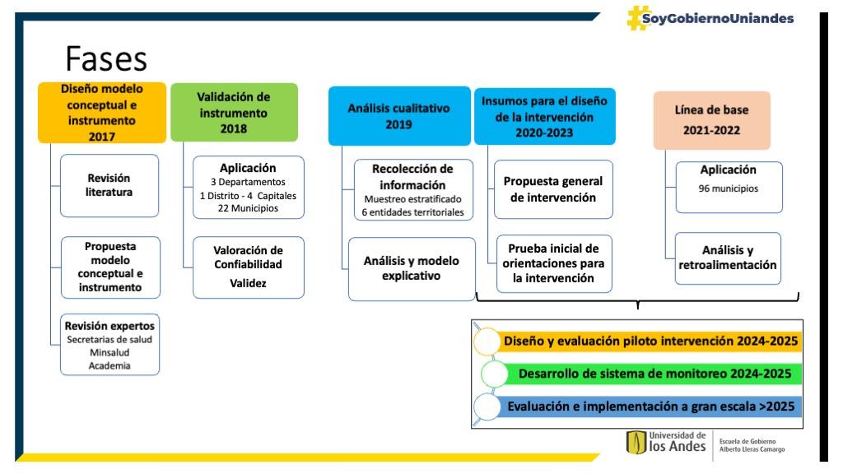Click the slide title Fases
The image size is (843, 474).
pyautogui.click(x=106, y=58)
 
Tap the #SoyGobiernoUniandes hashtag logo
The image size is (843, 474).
pyautogui.click(x=710, y=18)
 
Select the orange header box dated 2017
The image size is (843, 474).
pyautogui.click(x=101, y=112)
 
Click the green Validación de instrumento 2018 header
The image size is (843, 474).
pyautogui.click(x=234, y=112)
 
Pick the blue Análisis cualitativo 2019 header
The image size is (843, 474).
pyautogui.click(x=399, y=116)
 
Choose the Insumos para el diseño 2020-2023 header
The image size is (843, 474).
pyautogui.click(x=544, y=117)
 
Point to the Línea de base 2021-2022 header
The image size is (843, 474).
pyautogui.click(x=712, y=120)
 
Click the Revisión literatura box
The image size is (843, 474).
pyautogui.click(x=109, y=185)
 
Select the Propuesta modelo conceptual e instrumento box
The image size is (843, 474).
pyautogui.click(x=110, y=267)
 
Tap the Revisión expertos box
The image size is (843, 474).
pyautogui.click(x=109, y=345)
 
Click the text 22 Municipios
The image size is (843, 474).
pyautogui.click(x=248, y=208)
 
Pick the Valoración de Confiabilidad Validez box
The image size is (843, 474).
pyautogui.click(x=248, y=267)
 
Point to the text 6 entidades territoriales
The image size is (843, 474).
pyautogui.click(x=412, y=212)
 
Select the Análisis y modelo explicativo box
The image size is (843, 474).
pyautogui.click(x=412, y=269)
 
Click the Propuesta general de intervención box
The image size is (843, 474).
pyautogui.click(x=553, y=189)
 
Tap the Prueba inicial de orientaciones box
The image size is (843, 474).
pyautogui.click(x=554, y=263)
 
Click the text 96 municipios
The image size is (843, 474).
pyautogui.click(x=728, y=188)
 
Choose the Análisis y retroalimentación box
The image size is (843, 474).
pyautogui.click(x=728, y=258)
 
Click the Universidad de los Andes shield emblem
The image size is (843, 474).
pyautogui.click(x=636, y=443)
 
